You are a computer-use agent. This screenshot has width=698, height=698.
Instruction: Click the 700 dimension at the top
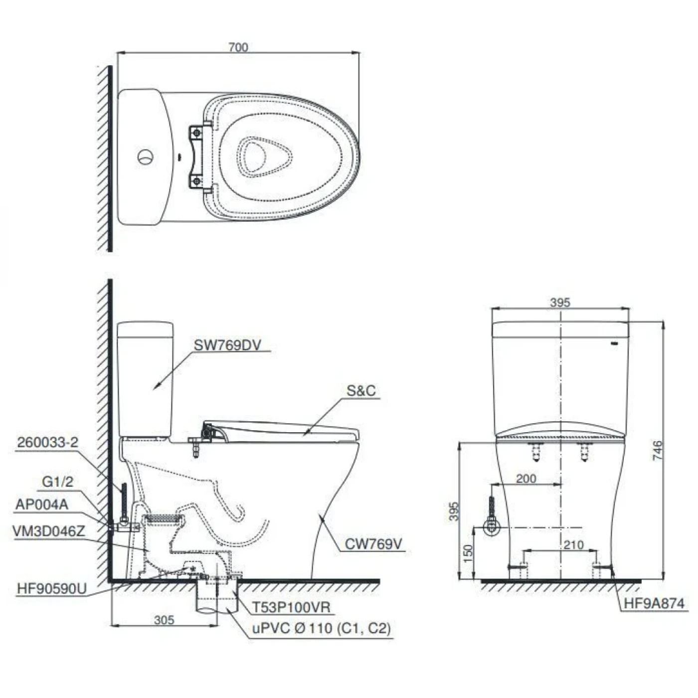(x=238, y=47)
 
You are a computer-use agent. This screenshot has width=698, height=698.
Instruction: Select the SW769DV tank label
(x=227, y=345)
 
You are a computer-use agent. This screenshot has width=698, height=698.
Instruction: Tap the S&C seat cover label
(x=361, y=391)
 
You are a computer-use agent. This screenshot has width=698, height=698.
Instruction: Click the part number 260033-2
(x=47, y=442)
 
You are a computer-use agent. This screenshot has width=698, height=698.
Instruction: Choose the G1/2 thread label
(x=57, y=482)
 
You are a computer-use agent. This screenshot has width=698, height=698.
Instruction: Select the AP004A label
(x=42, y=505)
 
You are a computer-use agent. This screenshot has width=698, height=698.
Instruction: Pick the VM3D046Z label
(x=49, y=531)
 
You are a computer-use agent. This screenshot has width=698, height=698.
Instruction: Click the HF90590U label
(x=51, y=589)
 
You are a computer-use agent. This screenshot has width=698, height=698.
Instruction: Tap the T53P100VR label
(x=291, y=607)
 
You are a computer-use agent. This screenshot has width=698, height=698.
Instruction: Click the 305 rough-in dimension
(x=164, y=620)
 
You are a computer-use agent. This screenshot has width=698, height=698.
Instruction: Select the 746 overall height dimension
(x=658, y=450)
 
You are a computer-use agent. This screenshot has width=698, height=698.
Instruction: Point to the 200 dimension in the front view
(x=526, y=479)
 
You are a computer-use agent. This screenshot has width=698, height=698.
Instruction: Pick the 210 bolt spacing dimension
(x=573, y=545)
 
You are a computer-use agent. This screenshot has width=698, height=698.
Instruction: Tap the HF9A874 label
(x=654, y=604)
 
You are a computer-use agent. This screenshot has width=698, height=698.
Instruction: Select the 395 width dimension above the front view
(x=560, y=302)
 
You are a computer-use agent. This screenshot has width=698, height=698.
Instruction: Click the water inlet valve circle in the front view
(x=492, y=527)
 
